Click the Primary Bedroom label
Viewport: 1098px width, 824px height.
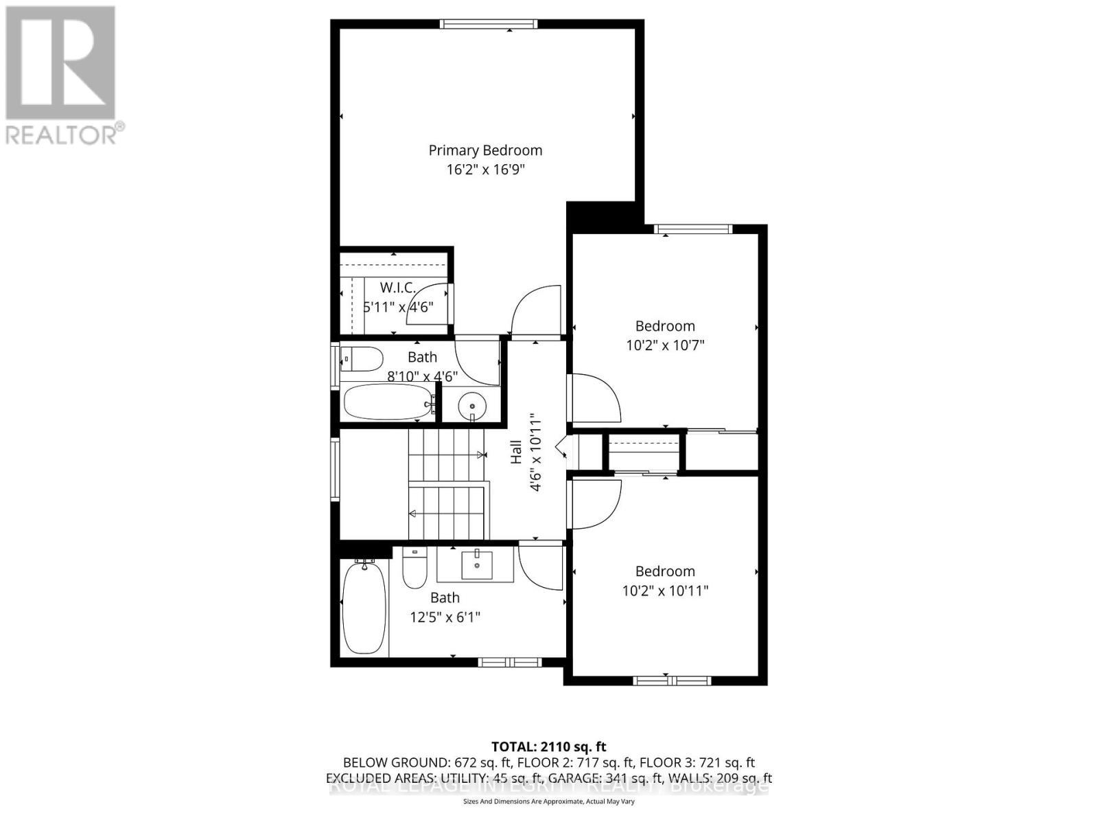(x=485, y=150)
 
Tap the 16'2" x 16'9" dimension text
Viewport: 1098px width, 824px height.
(x=485, y=170)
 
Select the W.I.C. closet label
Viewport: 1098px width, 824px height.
(x=398, y=288)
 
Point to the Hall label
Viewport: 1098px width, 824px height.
(x=516, y=452)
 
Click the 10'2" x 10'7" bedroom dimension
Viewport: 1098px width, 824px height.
(x=665, y=345)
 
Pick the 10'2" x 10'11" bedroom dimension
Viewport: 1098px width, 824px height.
(x=665, y=591)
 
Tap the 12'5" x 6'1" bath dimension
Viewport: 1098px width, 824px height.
(x=445, y=617)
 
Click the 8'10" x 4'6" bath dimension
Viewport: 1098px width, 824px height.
(x=422, y=376)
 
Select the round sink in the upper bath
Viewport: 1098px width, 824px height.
(x=471, y=406)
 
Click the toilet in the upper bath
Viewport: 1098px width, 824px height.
(x=363, y=358)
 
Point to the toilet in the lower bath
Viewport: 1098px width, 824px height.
(x=414, y=569)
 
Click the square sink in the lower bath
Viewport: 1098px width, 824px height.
(x=476, y=565)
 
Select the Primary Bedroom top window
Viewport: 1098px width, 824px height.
(x=489, y=24)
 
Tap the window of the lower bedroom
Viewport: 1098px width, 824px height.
(x=665, y=680)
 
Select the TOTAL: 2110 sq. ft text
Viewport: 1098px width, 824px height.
(x=548, y=746)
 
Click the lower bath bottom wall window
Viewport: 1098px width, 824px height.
(x=510, y=662)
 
